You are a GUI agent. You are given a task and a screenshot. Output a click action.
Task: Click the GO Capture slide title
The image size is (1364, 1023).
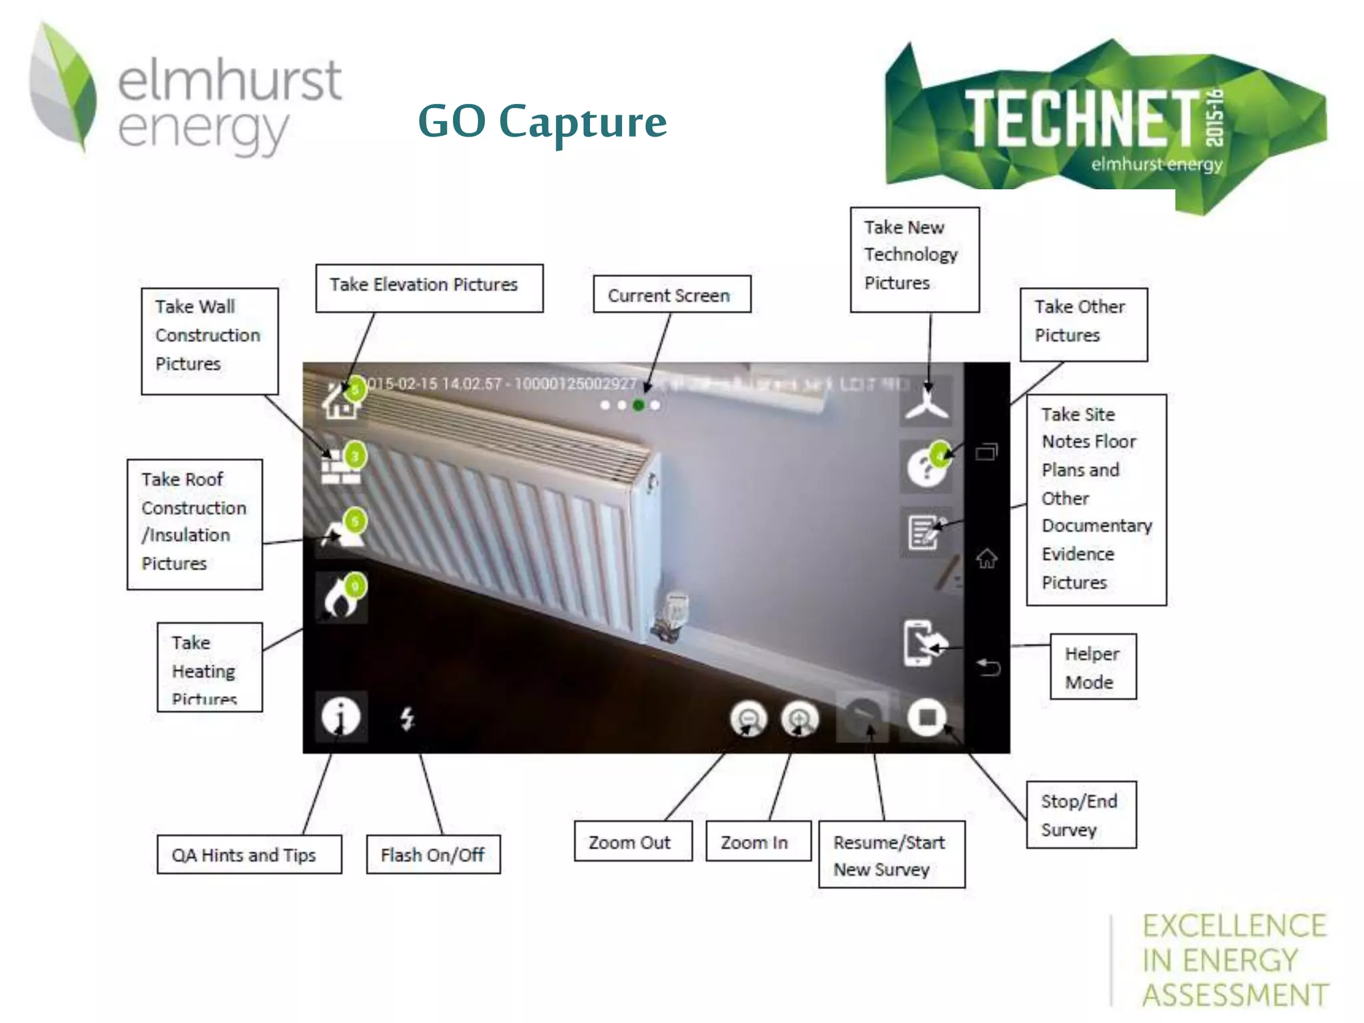542,122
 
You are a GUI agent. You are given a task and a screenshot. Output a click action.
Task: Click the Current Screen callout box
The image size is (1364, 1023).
671,294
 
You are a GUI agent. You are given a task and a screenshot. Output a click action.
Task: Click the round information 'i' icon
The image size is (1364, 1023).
341,717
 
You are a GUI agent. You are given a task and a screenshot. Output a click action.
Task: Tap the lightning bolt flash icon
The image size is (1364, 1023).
407,719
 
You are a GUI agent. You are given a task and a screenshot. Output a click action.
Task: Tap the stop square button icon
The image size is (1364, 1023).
926,717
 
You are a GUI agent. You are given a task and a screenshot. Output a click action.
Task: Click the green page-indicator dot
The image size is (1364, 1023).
639,405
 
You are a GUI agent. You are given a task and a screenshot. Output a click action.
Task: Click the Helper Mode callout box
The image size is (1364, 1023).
1092,667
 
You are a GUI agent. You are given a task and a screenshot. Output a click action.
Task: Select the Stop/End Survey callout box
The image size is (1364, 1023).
1080,815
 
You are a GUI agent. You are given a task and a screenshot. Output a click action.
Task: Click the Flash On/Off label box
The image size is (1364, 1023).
433,854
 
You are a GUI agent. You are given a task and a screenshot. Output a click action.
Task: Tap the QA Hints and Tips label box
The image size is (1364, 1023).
248,854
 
